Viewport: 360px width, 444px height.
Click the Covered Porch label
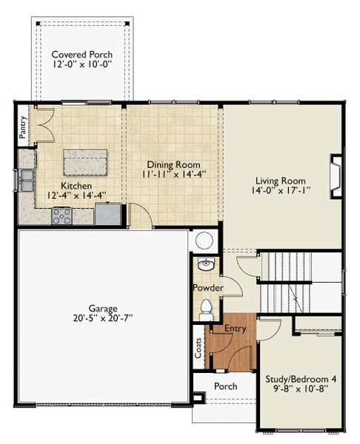point(82,54)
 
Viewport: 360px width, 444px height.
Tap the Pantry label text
point(23,127)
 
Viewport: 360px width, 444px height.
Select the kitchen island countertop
point(85,163)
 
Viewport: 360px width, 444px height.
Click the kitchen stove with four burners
point(62,216)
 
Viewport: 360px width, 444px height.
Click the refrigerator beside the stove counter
point(107,214)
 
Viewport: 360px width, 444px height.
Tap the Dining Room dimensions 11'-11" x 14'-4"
point(173,174)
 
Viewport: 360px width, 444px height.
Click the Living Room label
point(281,181)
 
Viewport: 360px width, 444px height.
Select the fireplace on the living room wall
point(336,177)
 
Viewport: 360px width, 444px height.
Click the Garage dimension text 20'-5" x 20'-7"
point(103,318)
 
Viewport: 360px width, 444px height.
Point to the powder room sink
point(206,264)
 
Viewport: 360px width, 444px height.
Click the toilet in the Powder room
point(206,309)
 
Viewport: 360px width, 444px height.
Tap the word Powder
point(208,288)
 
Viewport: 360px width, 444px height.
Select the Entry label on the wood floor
point(236,329)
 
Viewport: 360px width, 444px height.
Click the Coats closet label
point(199,348)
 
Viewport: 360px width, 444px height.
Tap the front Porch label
point(226,386)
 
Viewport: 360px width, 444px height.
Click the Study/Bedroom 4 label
point(301,379)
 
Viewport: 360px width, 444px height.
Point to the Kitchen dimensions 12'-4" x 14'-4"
point(76,195)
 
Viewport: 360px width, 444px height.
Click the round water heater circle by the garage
point(204,240)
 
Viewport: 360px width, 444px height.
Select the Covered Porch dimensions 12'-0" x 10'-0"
point(82,64)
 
